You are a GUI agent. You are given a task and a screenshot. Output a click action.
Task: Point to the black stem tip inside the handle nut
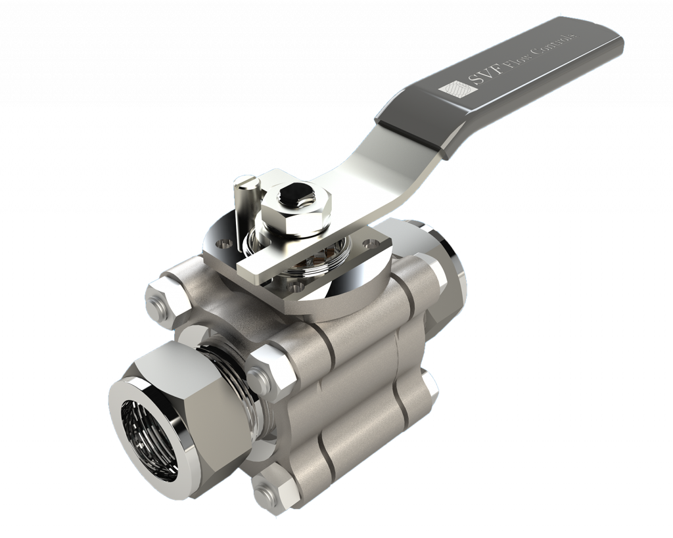(x=292, y=193)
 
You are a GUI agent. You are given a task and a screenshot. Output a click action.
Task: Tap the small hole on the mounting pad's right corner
(x=367, y=244)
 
